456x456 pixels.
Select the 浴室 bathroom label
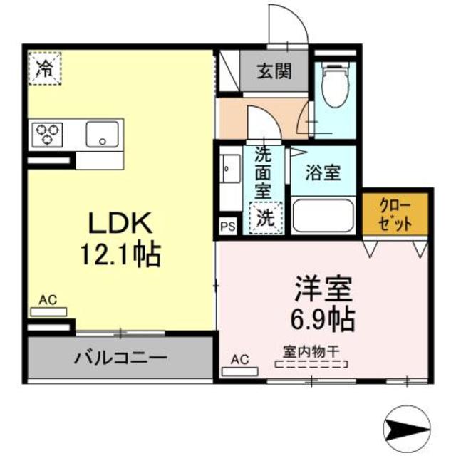(323, 172)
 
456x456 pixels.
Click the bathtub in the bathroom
(322, 214)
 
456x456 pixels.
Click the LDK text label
(120, 224)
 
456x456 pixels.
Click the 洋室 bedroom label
(325, 291)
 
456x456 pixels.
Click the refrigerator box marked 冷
(45, 68)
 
